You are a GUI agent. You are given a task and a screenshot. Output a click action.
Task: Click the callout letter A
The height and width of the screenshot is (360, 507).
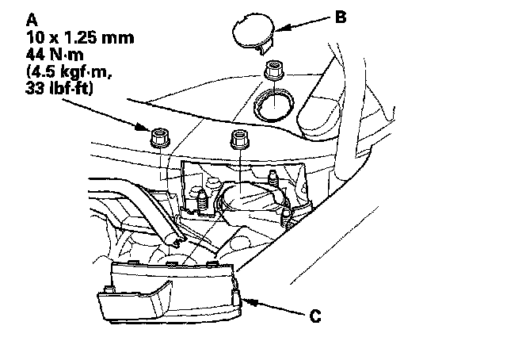[x=32, y=20]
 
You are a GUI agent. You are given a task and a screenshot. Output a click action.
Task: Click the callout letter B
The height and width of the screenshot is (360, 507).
[x=341, y=17]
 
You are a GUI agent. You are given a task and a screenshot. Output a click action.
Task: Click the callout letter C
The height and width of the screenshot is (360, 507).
[x=315, y=316]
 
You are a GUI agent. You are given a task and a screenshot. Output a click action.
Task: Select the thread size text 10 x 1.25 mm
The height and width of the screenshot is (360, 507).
[x=80, y=37]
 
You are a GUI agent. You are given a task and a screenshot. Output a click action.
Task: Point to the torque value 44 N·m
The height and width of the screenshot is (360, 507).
[x=55, y=55]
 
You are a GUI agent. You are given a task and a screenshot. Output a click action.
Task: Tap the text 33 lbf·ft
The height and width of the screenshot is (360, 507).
[x=59, y=88]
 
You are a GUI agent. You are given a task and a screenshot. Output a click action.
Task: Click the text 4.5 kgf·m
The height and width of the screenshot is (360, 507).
[x=69, y=71]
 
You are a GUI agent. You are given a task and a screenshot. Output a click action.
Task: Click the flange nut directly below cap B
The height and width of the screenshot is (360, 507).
[x=274, y=71]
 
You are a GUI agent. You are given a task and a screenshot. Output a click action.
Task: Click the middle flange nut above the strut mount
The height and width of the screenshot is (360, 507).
[x=239, y=140]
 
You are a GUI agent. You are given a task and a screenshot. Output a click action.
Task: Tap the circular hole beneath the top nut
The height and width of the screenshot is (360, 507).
[x=273, y=105]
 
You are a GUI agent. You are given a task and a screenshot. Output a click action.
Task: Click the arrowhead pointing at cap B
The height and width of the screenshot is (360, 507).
[x=282, y=29]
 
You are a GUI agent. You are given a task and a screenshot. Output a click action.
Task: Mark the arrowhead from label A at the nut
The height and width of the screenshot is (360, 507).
[x=143, y=126]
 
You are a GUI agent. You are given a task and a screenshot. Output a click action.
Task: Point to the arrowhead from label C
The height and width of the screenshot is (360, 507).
[x=251, y=302]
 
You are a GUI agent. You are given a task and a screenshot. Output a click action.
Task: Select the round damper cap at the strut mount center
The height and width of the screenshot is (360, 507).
[x=252, y=199]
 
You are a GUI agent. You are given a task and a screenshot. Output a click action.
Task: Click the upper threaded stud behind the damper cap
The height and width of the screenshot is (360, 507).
[x=273, y=178]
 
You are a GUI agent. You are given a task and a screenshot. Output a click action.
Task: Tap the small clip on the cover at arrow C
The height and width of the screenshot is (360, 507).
[x=236, y=298]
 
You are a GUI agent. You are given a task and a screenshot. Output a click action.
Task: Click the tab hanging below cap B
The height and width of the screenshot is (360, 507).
[x=265, y=48]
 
